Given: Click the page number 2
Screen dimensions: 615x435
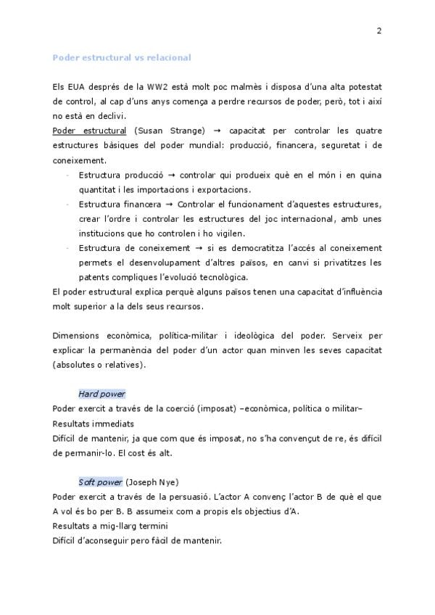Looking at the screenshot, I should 379,30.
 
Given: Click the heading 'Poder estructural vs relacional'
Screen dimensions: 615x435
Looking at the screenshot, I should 122,57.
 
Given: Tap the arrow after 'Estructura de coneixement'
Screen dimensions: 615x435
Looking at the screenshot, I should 197,248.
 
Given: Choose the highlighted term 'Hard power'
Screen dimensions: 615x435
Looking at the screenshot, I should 101,394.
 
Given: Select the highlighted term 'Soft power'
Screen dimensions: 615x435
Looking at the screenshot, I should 100,482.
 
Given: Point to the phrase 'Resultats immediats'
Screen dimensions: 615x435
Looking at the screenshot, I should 94,424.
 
